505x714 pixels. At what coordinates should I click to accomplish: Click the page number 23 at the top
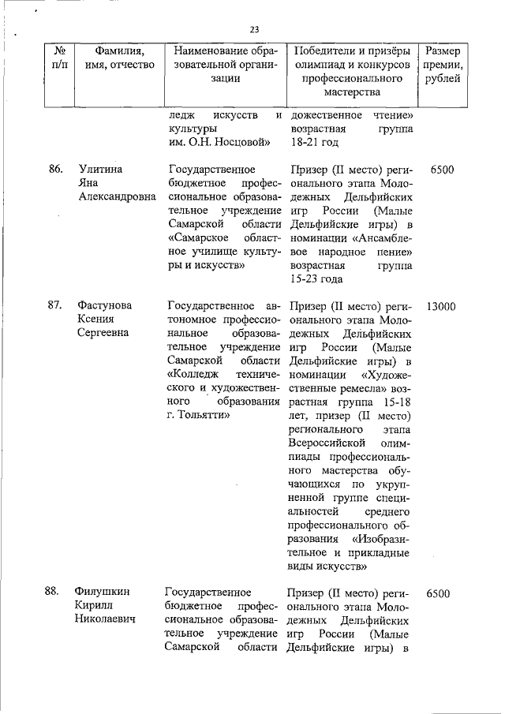[x=254, y=30]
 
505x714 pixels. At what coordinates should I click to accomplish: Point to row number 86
[x=54, y=170]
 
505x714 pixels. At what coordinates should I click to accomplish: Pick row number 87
[x=54, y=305]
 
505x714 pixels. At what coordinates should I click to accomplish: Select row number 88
[x=54, y=591]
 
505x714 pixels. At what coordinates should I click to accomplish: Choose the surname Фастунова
[x=105, y=305]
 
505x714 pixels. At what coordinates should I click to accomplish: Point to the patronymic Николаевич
[x=106, y=619]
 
